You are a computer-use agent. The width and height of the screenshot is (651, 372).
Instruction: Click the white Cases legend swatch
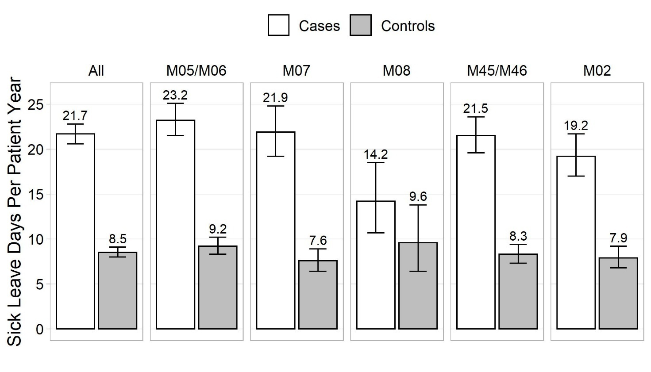pyautogui.click(x=278, y=25)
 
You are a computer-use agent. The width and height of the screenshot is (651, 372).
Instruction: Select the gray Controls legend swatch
pyautogui.click(x=361, y=25)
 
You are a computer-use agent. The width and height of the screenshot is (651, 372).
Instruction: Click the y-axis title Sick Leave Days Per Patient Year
pyautogui.click(x=14, y=212)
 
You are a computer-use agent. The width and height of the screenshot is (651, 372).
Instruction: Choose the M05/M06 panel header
pyautogui.click(x=196, y=70)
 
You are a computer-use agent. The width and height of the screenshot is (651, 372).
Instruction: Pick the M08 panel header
pyautogui.click(x=397, y=70)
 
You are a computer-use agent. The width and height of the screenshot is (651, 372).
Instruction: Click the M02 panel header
pyautogui.click(x=597, y=70)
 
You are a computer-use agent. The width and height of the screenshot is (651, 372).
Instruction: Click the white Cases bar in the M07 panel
pyautogui.click(x=276, y=230)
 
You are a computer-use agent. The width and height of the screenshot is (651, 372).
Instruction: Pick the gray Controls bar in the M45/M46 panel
pyautogui.click(x=518, y=291)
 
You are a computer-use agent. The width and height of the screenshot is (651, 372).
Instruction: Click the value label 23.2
pyautogui.click(x=175, y=95)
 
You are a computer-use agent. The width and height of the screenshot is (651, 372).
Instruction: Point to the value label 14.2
pyautogui.click(x=376, y=154)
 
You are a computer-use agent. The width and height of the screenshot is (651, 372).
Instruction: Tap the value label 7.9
pyautogui.click(x=618, y=238)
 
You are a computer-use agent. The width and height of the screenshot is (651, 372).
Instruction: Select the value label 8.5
pyautogui.click(x=118, y=239)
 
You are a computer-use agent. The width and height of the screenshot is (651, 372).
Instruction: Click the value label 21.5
pyautogui.click(x=476, y=108)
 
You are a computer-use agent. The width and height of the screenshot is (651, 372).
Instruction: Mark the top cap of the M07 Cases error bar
pyautogui.click(x=276, y=106)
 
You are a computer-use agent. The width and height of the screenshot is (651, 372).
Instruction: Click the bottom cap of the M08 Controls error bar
pyautogui.click(x=418, y=271)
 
